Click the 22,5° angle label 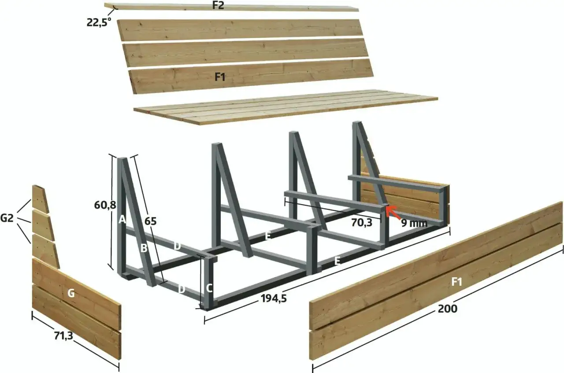(99, 22)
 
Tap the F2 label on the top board (218, 5)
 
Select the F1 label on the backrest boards (220, 77)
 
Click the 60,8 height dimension (105, 205)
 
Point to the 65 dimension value (150, 221)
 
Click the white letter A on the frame (122, 219)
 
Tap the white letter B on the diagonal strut (144, 248)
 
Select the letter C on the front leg (209, 288)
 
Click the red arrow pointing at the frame (393, 212)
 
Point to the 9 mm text (415, 223)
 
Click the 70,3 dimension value (362, 223)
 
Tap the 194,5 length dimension (274, 298)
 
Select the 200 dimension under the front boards (447, 309)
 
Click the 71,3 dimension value (63, 336)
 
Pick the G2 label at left (7, 218)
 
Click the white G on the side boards (71, 293)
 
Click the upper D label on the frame (177, 246)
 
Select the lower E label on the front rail (338, 261)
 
